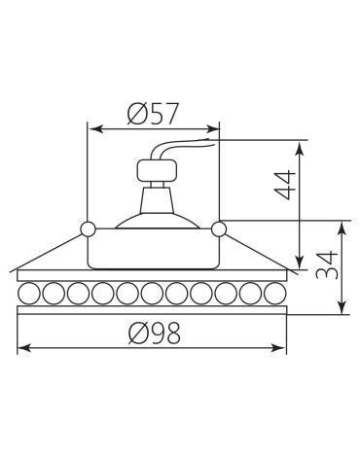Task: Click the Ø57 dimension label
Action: point(153,114)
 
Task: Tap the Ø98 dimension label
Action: point(154,333)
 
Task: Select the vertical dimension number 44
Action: point(285,186)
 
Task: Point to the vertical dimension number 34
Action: point(327,264)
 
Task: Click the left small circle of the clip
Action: point(88,229)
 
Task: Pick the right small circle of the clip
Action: point(219,228)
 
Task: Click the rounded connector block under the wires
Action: point(158,171)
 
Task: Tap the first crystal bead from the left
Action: point(29,294)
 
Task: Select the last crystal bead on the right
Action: point(275,294)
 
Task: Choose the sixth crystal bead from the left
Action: point(152,294)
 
